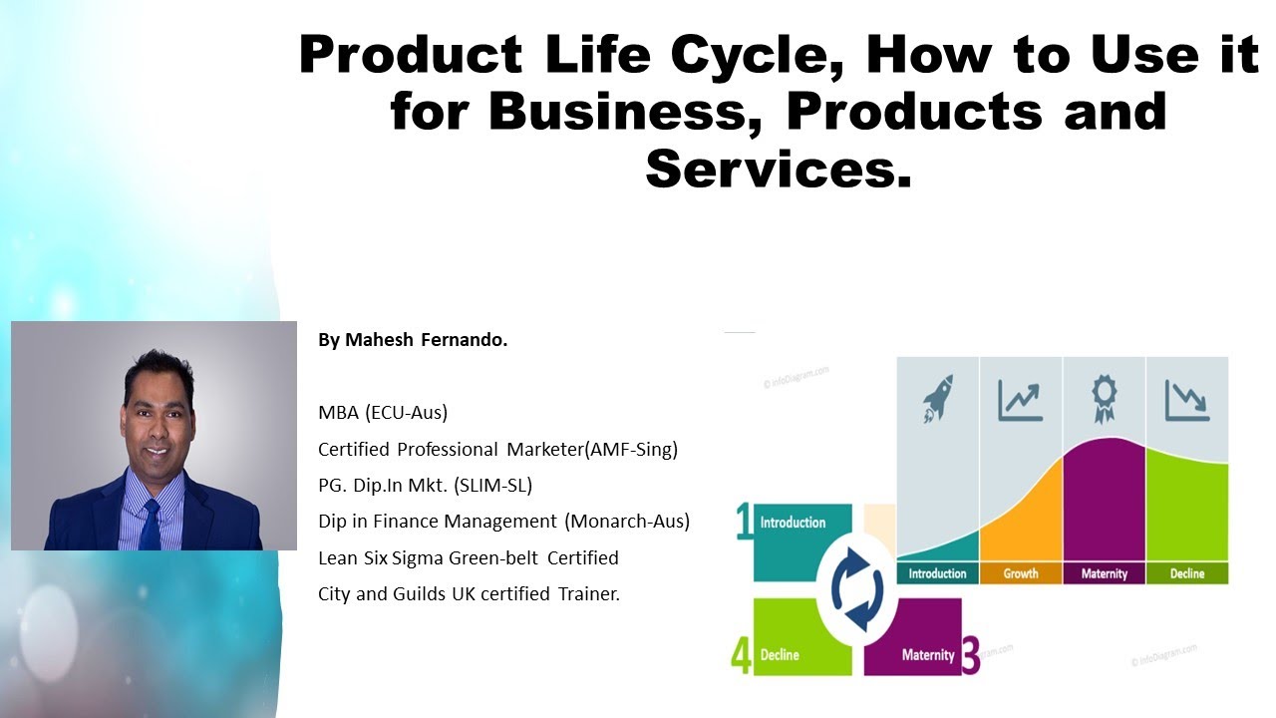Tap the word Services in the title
[779, 169]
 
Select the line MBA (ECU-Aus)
[383, 413]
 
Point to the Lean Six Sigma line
[469, 557]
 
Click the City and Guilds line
[469, 594]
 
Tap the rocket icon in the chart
[937, 398]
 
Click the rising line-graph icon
[1020, 398]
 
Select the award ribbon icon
[1104, 399]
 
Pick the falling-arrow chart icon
[1186, 399]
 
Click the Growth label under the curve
[1020, 573]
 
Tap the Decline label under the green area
[1186, 573]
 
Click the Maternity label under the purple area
[1104, 573]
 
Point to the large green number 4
[742, 656]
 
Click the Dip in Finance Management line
[503, 522]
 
